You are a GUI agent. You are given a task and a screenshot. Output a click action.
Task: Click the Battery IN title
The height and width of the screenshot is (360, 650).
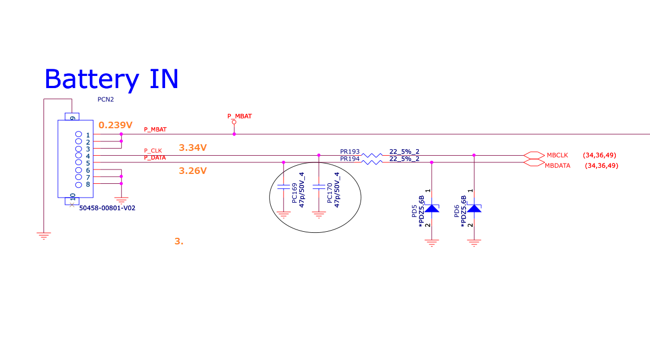[x=111, y=79]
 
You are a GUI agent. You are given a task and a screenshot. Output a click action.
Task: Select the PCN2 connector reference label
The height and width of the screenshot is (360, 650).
[x=106, y=100]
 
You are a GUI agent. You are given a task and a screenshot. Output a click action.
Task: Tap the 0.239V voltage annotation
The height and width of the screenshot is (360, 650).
[x=116, y=125]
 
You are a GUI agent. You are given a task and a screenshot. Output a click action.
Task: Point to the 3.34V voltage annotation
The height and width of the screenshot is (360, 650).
[x=193, y=148]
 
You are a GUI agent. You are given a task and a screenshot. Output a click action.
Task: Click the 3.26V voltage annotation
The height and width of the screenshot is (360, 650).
[x=193, y=171]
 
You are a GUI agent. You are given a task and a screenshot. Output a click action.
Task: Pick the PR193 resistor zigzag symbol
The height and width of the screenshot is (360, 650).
[x=372, y=156]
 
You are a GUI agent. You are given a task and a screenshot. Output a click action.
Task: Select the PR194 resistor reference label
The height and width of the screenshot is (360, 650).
[x=350, y=159]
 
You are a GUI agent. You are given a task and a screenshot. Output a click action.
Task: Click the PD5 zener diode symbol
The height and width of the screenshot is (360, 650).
[x=431, y=208]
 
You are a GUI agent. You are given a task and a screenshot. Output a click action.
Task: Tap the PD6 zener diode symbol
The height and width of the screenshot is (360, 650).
[x=474, y=208]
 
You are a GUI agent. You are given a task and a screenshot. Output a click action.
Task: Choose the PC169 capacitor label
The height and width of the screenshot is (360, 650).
[x=295, y=193]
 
